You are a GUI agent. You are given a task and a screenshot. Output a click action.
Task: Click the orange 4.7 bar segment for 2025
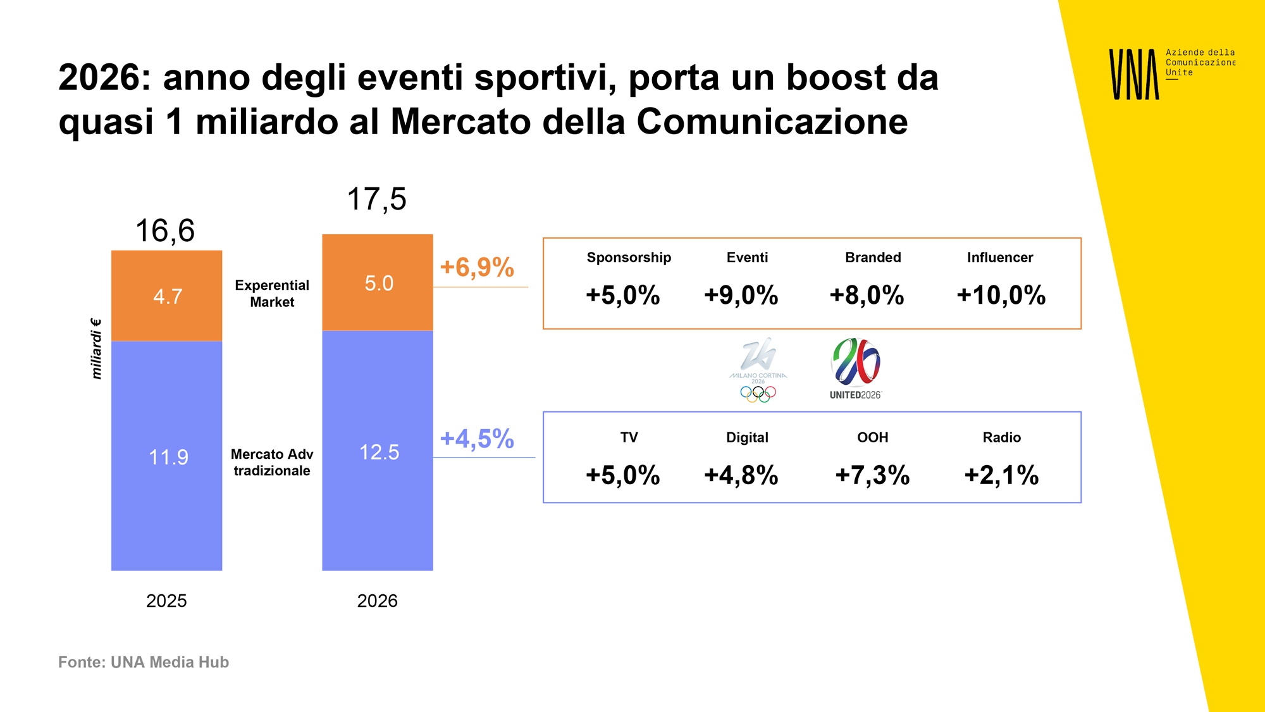click(x=166, y=296)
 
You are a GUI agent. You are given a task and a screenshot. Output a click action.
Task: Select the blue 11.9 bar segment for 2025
click(x=166, y=456)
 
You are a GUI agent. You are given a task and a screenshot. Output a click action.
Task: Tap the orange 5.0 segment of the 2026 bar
click(x=378, y=282)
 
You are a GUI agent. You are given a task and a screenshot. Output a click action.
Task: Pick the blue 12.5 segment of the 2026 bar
click(x=378, y=451)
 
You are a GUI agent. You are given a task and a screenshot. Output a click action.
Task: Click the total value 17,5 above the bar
click(x=376, y=199)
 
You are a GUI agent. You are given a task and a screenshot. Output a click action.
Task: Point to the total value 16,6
click(x=165, y=230)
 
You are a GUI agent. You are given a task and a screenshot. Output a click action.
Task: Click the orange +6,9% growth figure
click(x=477, y=267)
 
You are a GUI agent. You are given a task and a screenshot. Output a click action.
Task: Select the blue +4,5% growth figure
click(x=477, y=439)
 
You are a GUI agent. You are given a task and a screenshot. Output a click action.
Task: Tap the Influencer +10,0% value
click(x=1001, y=295)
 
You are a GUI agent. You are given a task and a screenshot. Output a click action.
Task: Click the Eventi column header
click(x=747, y=258)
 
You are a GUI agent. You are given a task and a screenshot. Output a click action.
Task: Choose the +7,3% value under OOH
click(x=872, y=475)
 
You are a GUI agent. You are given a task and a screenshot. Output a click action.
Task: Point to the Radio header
click(x=1001, y=437)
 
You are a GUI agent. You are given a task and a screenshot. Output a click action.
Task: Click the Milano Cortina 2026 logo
click(x=758, y=370)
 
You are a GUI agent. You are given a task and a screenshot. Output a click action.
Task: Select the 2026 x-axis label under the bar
click(x=377, y=601)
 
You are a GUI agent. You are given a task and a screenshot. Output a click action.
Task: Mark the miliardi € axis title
click(x=96, y=349)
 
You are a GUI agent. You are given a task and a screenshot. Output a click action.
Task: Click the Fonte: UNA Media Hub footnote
click(x=144, y=662)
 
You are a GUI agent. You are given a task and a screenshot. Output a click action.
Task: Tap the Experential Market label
click(x=272, y=294)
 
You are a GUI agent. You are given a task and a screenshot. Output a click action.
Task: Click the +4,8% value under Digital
click(x=741, y=475)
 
